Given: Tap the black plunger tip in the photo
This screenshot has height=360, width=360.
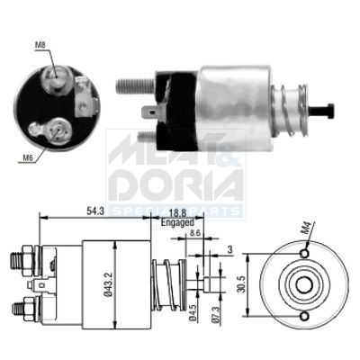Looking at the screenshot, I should [x=327, y=111].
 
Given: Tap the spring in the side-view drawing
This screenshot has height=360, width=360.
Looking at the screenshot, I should [x=170, y=282].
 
